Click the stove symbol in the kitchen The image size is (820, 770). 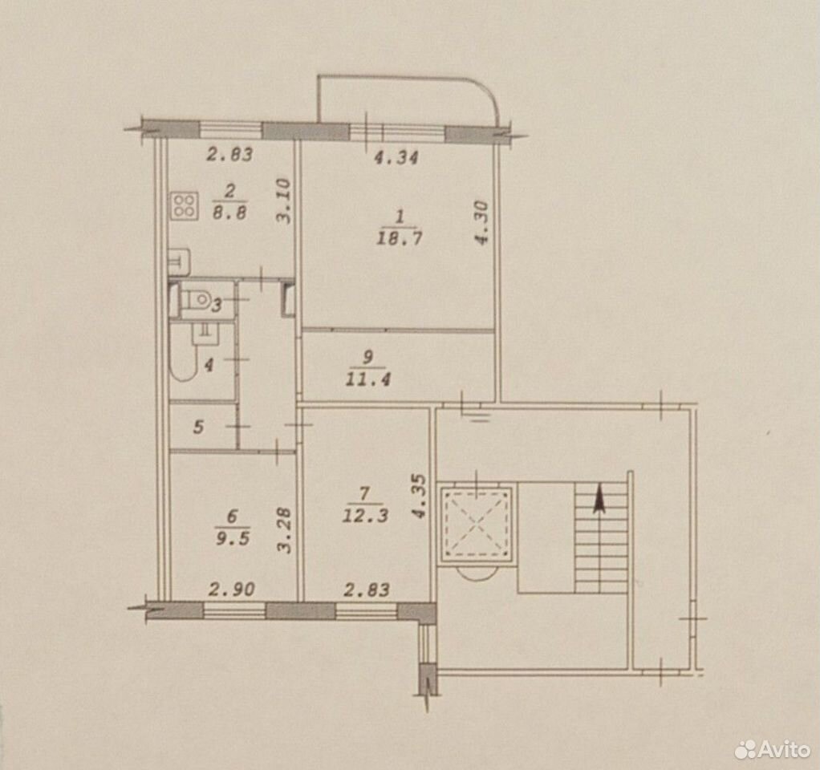(184, 206)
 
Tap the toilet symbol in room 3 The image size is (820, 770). (194, 299)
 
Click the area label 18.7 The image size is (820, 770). (399, 238)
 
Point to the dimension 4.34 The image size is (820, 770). (396, 157)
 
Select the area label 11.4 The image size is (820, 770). (367, 379)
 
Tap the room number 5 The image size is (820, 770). (198, 427)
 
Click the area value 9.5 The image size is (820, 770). (233, 538)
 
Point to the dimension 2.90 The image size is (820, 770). (232, 590)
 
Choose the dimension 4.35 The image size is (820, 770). (420, 496)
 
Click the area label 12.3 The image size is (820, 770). (365, 516)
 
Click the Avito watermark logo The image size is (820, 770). (772, 750)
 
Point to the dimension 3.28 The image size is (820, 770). (283, 531)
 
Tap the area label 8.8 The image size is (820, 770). (230, 213)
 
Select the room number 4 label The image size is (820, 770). (209, 365)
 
